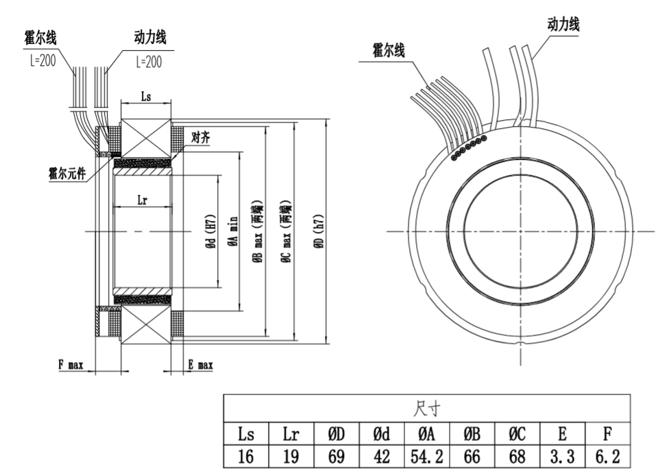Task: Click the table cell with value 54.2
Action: tap(426, 455)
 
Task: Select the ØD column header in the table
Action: tap(336, 433)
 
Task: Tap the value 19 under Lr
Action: tap(291, 455)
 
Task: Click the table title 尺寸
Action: tap(426, 410)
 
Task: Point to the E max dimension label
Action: tap(200, 366)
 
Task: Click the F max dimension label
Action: tap(71, 366)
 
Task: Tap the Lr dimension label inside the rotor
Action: tap(143, 200)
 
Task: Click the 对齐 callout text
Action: tap(201, 138)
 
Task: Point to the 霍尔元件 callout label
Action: tap(66, 173)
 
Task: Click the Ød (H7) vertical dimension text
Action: tap(211, 233)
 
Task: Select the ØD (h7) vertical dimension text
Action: tap(319, 233)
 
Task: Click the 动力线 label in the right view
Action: tap(563, 25)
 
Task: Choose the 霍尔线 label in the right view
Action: tap(389, 49)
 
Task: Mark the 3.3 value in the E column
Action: tap(562, 455)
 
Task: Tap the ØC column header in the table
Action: tap(517, 433)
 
